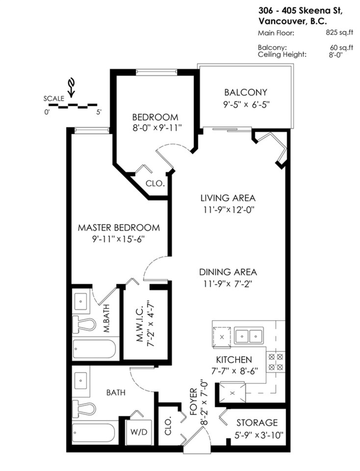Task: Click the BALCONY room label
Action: click(246, 92)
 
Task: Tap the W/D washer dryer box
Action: click(138, 432)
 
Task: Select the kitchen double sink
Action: click(249, 335)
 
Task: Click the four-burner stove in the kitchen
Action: click(276, 362)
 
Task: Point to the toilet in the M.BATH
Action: click(84, 324)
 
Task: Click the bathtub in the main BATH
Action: click(94, 433)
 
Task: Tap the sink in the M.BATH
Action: click(81, 301)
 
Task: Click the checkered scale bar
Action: click(73, 105)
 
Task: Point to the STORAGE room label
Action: click(257, 422)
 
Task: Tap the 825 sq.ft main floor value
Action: click(339, 33)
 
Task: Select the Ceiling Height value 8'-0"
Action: click(335, 55)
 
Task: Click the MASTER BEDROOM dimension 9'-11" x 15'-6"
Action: click(119, 239)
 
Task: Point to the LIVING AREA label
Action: click(228, 198)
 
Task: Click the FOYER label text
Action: click(194, 402)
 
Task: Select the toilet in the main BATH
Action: click(84, 409)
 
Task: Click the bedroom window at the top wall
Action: click(156, 72)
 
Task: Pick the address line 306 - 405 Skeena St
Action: click(300, 11)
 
